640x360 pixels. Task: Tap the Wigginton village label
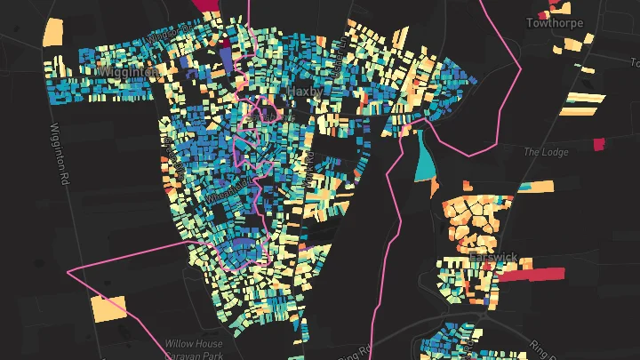click(x=128, y=69)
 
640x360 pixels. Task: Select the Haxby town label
click(x=302, y=92)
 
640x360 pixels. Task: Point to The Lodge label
click(x=545, y=152)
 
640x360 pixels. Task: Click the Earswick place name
click(x=493, y=258)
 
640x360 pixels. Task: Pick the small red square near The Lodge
click(x=597, y=143)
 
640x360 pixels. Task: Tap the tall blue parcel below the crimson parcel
click(x=225, y=57)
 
